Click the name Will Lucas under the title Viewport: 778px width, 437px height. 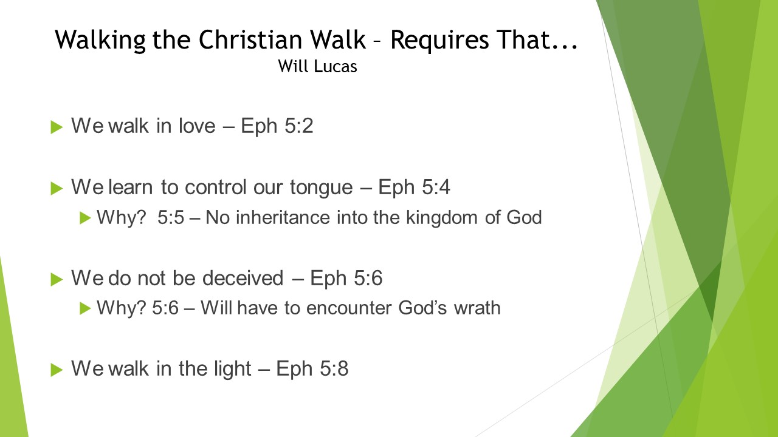(317, 66)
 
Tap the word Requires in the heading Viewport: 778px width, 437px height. (439, 41)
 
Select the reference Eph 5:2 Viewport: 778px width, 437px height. (277, 126)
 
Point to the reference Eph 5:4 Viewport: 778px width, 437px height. (414, 188)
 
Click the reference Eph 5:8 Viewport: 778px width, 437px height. (312, 368)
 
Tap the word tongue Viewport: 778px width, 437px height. (322, 189)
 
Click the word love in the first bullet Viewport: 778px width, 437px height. (197, 125)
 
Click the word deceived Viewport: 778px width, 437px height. (243, 278)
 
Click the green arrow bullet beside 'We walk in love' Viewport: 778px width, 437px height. (57, 127)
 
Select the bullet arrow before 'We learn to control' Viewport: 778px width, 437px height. (57, 189)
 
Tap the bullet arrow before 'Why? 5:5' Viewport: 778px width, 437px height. (85, 218)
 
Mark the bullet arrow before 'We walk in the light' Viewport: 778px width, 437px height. (57, 370)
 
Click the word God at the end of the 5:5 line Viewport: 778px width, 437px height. (524, 217)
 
